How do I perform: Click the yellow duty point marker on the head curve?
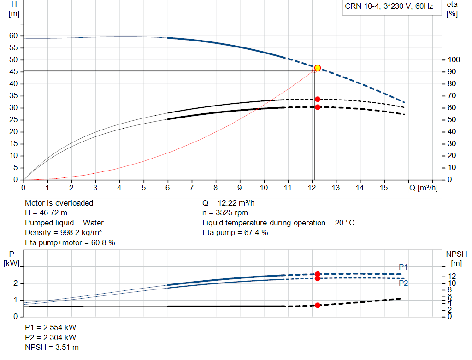[317, 68]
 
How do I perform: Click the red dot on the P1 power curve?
[317, 274]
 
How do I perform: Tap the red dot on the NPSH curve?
[317, 305]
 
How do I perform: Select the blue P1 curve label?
[403, 267]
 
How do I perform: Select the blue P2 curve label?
[403, 283]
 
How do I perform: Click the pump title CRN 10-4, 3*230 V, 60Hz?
[389, 6]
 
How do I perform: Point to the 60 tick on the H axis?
[13, 36]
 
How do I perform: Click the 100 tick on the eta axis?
[454, 59]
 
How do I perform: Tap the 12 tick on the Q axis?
[312, 188]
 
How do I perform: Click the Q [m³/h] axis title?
[423, 188]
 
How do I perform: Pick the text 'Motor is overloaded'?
[59, 203]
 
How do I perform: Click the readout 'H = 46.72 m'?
[46, 213]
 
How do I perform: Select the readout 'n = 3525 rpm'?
[225, 213]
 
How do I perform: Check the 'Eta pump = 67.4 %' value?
[235, 233]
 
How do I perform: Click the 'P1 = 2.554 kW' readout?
[51, 327]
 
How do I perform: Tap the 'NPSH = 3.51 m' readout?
[52, 348]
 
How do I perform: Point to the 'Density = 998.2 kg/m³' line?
[63, 233]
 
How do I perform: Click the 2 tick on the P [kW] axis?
[16, 283]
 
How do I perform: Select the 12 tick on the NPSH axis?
[452, 276]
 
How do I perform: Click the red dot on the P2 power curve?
[317, 279]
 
